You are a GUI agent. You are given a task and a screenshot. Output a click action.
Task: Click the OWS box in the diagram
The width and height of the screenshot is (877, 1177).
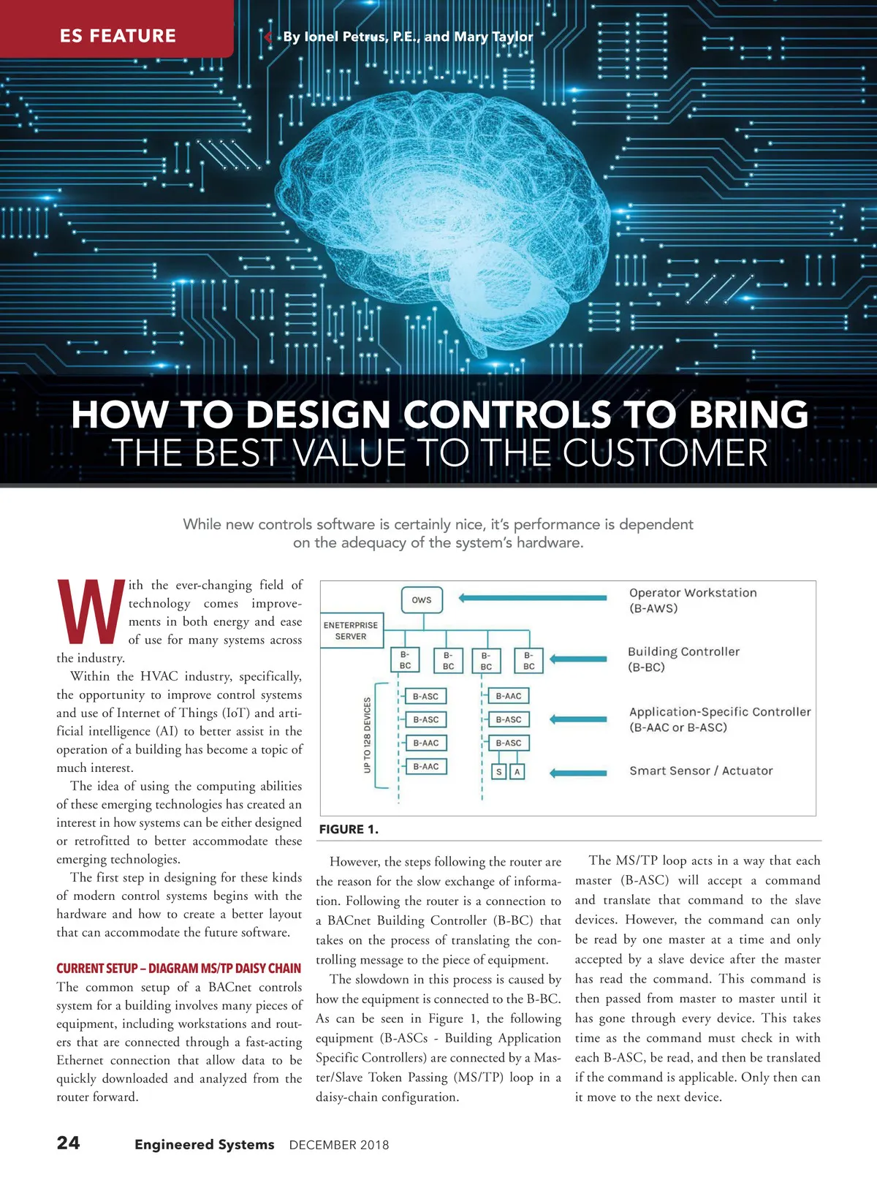[x=422, y=600]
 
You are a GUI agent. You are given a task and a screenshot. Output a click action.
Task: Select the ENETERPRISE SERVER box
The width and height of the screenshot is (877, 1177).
[x=351, y=631]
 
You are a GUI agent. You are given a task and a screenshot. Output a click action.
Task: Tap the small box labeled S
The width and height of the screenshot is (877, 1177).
[x=499, y=772]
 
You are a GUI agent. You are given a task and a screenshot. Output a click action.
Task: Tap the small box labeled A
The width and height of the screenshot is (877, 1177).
[x=517, y=772]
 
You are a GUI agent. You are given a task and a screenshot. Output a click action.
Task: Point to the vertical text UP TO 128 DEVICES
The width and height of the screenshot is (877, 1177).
[x=367, y=735]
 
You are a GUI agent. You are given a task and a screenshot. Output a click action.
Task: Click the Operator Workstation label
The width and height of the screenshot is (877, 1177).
[x=692, y=600]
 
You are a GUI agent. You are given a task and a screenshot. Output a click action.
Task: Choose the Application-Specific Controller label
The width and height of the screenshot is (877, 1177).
[x=720, y=719]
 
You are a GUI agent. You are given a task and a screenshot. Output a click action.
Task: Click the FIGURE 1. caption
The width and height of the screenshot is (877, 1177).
[x=349, y=829]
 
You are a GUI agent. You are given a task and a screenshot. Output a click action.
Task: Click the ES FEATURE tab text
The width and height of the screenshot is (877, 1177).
[x=118, y=36]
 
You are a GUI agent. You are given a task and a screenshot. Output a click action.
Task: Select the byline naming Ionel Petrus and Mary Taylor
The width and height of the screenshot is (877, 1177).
[x=408, y=37]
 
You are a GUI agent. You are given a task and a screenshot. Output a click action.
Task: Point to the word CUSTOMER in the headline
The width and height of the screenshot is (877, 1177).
[x=665, y=453]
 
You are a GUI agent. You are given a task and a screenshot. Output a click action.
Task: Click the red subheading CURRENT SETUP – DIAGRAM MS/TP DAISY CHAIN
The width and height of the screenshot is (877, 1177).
[x=178, y=968]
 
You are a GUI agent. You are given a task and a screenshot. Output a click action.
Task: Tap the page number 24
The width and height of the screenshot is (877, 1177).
[x=69, y=1143]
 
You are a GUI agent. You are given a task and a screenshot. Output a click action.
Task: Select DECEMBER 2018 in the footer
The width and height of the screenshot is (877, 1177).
[x=339, y=1145]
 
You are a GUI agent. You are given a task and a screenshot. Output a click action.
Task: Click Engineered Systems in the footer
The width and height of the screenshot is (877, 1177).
[x=205, y=1145]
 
